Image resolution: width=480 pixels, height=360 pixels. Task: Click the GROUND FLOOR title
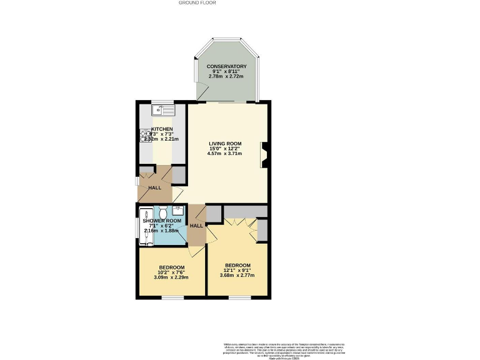coord(197,3)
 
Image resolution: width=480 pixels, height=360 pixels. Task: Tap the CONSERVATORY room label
coord(227,66)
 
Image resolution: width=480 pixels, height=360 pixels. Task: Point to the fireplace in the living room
coord(264,154)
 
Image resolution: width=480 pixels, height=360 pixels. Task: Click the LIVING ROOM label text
coord(224,144)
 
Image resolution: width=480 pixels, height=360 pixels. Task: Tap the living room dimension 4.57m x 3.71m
coord(224,153)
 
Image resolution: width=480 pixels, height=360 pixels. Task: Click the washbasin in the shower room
coord(177,211)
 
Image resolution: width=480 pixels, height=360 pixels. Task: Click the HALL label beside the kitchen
coord(154,187)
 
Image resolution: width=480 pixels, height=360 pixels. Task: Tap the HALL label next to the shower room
coord(196,226)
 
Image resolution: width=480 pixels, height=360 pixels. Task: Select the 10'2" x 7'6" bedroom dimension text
coord(171,272)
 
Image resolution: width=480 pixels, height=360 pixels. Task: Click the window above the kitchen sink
coord(164,102)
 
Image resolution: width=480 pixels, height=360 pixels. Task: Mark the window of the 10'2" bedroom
coord(172,297)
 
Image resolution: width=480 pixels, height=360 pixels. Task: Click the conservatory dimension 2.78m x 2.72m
coord(227,76)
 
